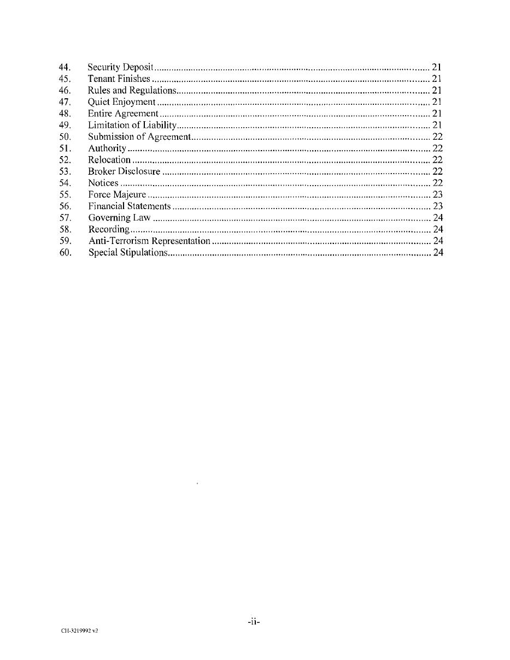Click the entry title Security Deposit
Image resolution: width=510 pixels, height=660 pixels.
(x=120, y=67)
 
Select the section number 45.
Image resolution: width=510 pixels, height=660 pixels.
(x=65, y=79)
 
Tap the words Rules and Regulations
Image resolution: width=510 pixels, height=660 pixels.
(x=132, y=90)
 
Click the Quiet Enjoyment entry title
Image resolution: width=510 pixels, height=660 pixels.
(x=122, y=102)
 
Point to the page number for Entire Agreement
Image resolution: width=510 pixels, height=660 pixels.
(x=436, y=114)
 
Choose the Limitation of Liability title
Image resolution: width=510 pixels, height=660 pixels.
(x=132, y=125)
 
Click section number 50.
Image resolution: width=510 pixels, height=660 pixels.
(x=65, y=136)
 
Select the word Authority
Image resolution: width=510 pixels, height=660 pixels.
(x=107, y=148)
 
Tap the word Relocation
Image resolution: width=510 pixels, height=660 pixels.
(x=109, y=160)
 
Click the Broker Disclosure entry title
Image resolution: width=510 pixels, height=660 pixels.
(x=124, y=171)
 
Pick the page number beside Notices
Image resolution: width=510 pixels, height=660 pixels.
(x=437, y=183)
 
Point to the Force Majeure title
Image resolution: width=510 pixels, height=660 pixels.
(x=117, y=194)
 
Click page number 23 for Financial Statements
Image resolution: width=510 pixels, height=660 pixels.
(x=437, y=206)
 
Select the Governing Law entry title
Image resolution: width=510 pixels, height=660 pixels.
(x=119, y=218)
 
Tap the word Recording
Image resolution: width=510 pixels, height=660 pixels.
(x=109, y=229)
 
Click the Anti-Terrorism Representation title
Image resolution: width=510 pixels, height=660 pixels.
(x=149, y=241)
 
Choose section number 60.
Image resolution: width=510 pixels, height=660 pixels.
(x=66, y=252)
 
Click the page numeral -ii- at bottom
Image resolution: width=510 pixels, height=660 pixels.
(x=253, y=621)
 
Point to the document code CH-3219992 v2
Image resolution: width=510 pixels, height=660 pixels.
(x=80, y=631)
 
